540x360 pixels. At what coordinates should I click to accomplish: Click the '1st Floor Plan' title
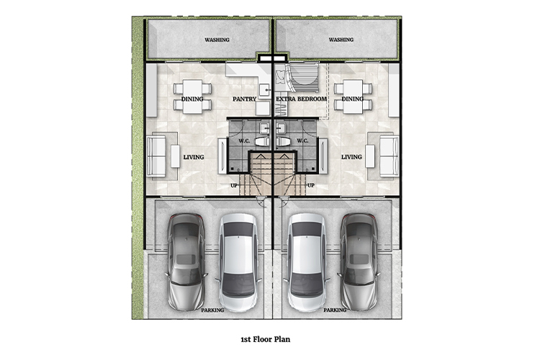click(x=265, y=339)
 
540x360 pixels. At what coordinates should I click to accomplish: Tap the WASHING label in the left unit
click(x=217, y=40)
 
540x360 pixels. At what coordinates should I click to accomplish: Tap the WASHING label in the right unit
click(x=341, y=40)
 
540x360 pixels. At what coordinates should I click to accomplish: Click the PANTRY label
click(x=245, y=99)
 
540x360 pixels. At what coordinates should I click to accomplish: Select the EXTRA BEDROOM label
click(x=302, y=99)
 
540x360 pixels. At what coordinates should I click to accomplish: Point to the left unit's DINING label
click(x=192, y=99)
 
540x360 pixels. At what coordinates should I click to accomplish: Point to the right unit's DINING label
click(x=353, y=99)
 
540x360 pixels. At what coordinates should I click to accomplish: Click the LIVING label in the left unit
click(x=194, y=157)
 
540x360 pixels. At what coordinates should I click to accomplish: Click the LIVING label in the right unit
click(x=351, y=157)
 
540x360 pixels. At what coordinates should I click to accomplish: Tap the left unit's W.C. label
click(x=244, y=141)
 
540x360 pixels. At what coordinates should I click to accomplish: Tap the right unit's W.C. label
click(x=302, y=141)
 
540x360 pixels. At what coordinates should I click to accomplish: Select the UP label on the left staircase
click(x=234, y=186)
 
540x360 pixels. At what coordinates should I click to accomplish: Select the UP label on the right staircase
click(x=310, y=185)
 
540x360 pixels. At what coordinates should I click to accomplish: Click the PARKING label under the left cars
click(x=212, y=310)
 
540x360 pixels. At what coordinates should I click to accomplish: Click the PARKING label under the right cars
click(x=335, y=310)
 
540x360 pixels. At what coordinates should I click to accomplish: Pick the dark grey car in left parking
click(x=186, y=262)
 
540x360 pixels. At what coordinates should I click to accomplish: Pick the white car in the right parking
click(x=307, y=263)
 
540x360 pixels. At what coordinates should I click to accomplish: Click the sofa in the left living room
click(x=156, y=156)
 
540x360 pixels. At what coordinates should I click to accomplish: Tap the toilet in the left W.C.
click(x=262, y=142)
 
